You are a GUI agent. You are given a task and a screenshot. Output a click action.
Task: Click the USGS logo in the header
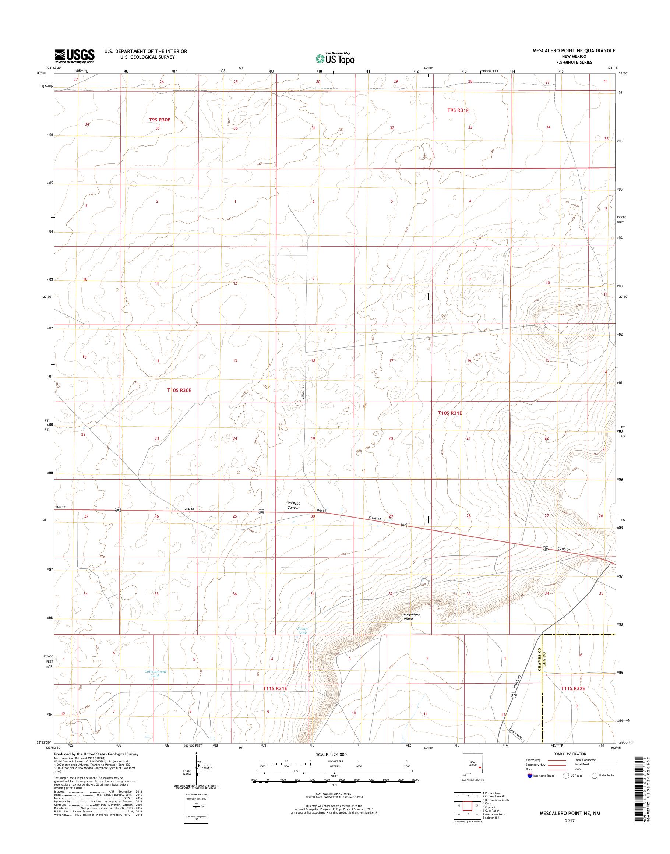74,56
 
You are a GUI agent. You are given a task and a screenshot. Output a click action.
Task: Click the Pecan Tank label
303,642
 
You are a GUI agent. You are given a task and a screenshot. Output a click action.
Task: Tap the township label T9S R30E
160,119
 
